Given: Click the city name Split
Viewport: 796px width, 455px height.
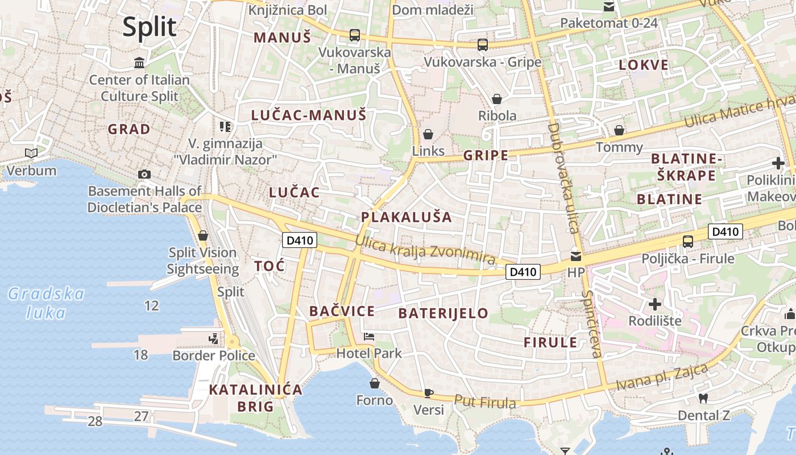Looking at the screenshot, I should [150, 27].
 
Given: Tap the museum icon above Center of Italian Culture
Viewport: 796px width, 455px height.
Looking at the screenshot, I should [139, 62].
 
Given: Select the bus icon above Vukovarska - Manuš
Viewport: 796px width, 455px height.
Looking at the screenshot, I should [355, 35].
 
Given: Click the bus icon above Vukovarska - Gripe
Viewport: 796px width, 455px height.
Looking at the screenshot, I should [483, 44].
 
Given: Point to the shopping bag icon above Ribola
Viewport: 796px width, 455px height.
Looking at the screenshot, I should [497, 99].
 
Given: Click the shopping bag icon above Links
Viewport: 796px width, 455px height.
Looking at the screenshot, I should [428, 134].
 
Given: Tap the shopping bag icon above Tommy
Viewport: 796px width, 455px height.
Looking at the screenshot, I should [619, 130].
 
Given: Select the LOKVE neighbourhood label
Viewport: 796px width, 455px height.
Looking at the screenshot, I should [644, 65].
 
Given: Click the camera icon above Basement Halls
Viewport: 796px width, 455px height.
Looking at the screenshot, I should [144, 174].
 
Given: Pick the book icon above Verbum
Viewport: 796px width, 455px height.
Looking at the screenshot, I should [31, 153].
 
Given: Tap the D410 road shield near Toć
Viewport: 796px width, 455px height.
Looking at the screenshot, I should [300, 240].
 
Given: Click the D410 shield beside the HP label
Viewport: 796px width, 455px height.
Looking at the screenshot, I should [523, 272].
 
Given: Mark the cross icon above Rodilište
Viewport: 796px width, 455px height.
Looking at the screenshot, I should [655, 304].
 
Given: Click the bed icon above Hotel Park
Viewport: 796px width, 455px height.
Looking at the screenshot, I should [369, 336].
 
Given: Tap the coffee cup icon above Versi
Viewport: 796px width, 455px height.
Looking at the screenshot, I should [429, 393].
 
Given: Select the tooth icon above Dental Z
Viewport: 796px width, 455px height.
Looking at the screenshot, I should [703, 399].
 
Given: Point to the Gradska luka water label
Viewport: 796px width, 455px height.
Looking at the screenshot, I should [45, 303].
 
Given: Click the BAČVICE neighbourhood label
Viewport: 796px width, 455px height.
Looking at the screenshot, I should [342, 311].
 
